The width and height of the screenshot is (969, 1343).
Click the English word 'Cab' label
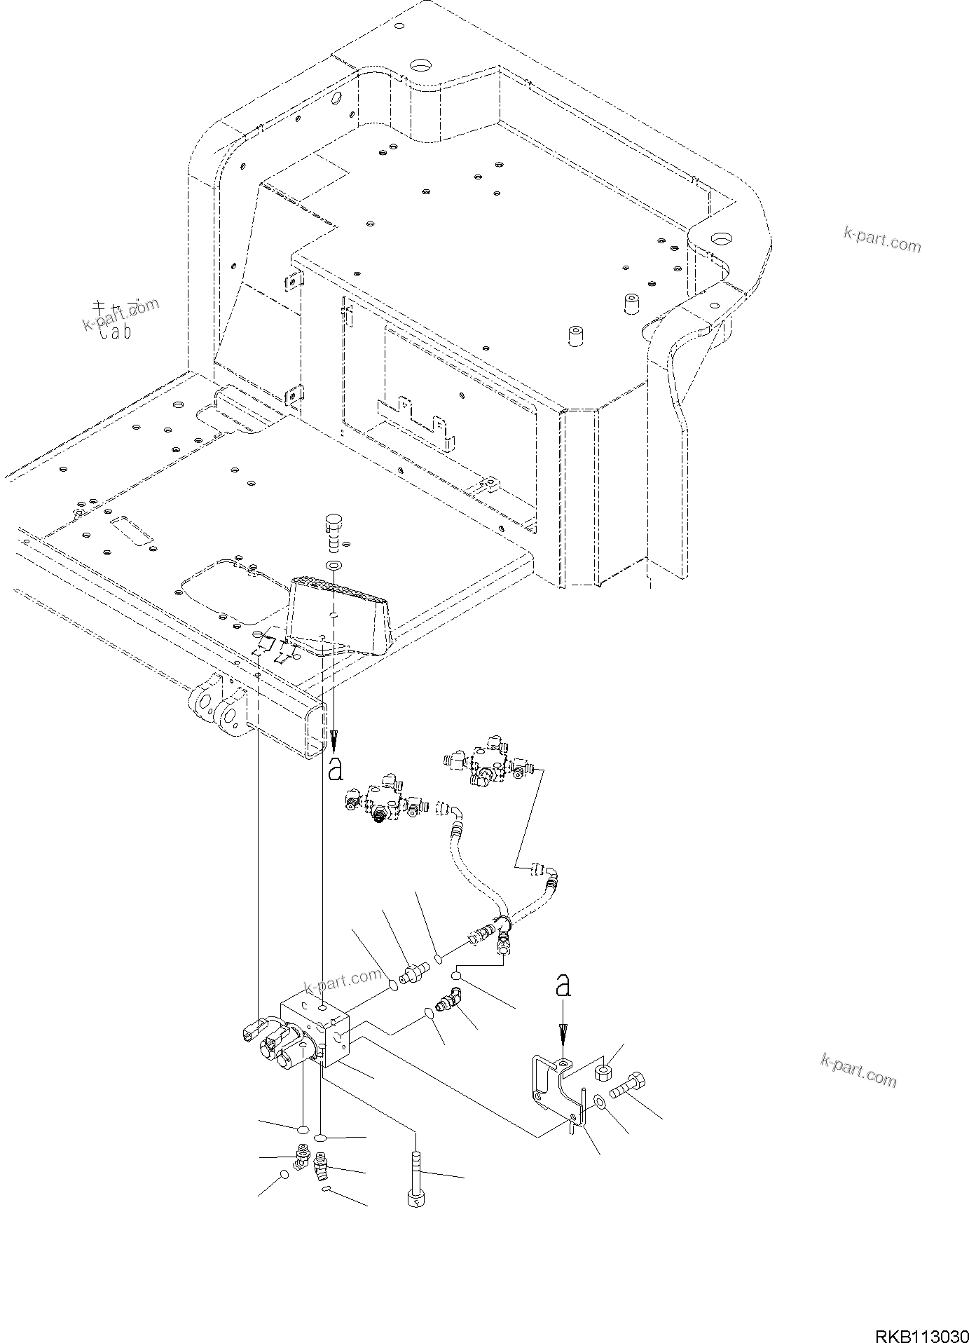pyautogui.click(x=115, y=333)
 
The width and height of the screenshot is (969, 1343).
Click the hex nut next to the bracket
pyautogui.click(x=604, y=1072)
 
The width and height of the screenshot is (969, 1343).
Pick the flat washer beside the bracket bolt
pyautogui.click(x=600, y=1103)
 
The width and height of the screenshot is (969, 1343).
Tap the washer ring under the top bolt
pyautogui.click(x=334, y=564)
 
